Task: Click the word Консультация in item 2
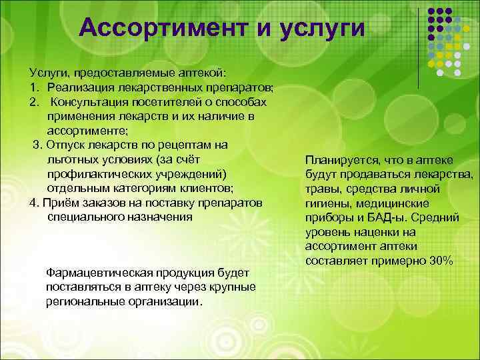[x=91, y=102]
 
